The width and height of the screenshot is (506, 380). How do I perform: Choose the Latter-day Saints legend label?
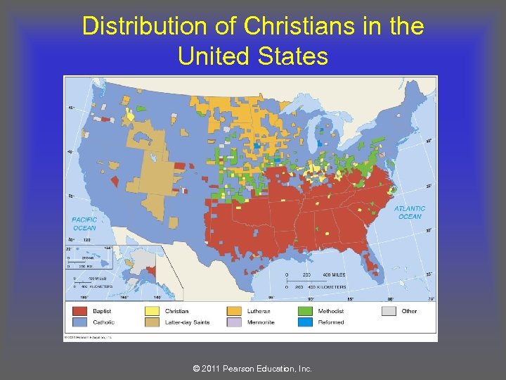pos(188,322)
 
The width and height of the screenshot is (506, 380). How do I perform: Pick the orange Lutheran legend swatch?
pos(235,310)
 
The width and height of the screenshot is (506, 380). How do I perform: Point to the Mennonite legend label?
pos(261,322)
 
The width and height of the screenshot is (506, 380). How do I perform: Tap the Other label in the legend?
pos(410,310)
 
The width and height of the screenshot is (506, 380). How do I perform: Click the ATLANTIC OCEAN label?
pos(410,212)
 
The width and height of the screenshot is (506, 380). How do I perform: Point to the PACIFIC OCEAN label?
pos(84,224)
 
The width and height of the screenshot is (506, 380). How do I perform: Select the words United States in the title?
pos(253,55)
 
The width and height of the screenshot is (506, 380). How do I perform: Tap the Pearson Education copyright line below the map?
pos(253,369)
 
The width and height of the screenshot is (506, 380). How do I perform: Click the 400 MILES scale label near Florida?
pos(334,274)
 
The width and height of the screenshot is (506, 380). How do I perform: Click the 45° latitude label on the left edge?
pos(70,108)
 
